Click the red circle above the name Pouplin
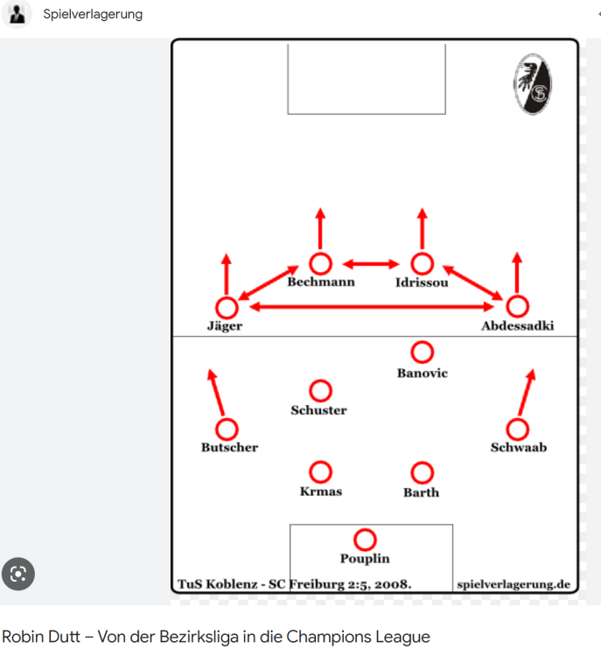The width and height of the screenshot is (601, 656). pos(365,540)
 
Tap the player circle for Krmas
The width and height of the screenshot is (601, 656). pos(320,472)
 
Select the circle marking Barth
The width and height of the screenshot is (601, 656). pos(422,472)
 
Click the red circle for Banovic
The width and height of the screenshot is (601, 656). pos(422,352)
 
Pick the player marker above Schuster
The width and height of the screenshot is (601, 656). pos(320,391)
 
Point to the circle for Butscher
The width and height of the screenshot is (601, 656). pos(227,429)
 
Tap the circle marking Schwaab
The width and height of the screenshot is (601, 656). pos(517,429)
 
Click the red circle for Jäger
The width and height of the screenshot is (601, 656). pos(227,308)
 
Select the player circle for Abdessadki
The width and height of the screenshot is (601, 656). pos(517,306)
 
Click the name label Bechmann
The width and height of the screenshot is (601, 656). pos(321,282)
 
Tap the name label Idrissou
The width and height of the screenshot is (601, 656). pos(422,283)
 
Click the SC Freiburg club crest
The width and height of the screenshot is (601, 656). pos(533,84)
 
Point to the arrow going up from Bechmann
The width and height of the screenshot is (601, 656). pos(320,228)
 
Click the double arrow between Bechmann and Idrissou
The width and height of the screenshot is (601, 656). pos(371,264)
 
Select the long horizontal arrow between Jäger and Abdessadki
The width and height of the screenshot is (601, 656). pos(372,307)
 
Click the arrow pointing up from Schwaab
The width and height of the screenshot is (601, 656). pos(527,392)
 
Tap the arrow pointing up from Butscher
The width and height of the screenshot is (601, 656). pos(216,393)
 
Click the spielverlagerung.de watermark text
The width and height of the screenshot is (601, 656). pos(514,584)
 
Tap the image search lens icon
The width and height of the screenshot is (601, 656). pos(18,574)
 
